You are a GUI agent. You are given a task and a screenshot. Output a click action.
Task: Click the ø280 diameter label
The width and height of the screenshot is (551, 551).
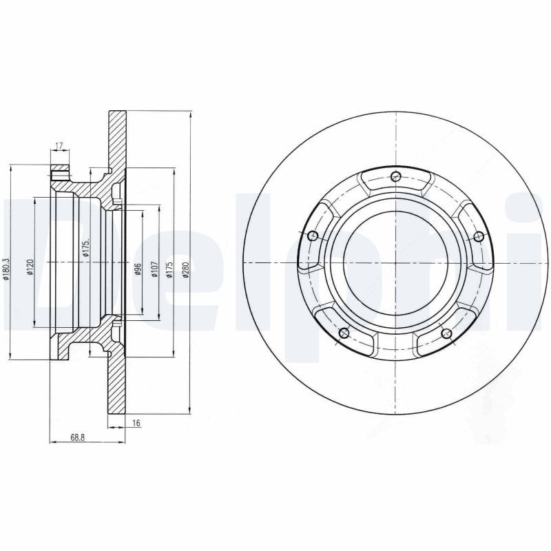[185, 271]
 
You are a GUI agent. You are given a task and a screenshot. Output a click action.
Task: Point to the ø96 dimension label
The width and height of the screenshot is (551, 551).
[138, 269]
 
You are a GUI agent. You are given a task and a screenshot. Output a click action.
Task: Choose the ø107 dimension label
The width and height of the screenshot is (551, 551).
[155, 269]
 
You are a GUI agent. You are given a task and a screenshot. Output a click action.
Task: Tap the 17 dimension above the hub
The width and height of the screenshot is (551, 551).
[59, 145]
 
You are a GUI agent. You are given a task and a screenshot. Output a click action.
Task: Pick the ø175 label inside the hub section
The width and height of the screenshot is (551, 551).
[87, 248]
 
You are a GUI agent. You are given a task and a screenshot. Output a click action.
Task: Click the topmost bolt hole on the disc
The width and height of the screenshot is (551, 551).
[395, 176]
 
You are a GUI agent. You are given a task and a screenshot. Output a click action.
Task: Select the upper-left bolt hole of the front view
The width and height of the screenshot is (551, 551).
[313, 236]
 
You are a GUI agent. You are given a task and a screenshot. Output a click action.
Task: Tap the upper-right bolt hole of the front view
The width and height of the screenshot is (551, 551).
[479, 236]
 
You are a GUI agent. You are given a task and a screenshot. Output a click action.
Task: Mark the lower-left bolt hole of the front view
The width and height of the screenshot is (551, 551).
[344, 334]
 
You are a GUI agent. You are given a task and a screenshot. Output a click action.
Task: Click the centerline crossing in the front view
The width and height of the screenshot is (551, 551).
[395, 262]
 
